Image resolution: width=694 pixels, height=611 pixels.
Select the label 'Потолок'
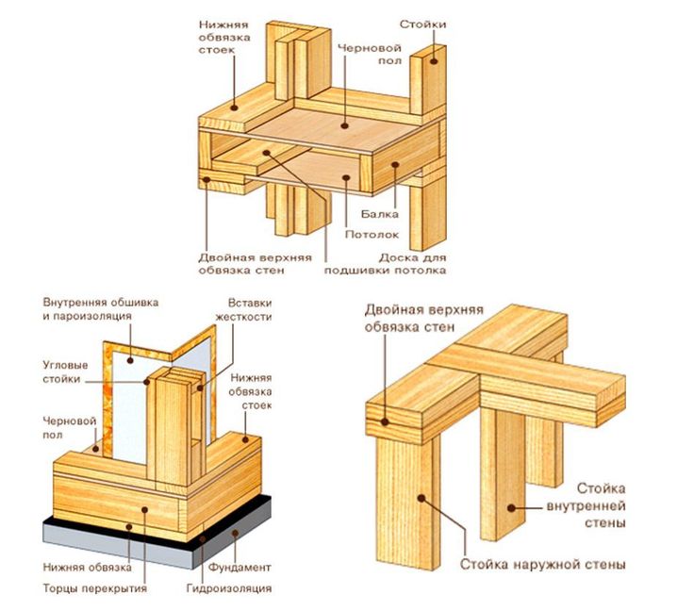[x=371, y=234]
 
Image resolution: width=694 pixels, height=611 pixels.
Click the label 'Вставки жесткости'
[x=249, y=310]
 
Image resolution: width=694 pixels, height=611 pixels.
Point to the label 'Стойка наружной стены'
[x=542, y=565]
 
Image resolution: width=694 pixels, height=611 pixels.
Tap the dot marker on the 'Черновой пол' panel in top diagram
[x=345, y=124]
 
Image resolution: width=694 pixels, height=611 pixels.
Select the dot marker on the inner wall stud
[x=511, y=507]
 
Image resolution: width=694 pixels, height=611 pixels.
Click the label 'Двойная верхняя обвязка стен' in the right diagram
[x=411, y=318]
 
